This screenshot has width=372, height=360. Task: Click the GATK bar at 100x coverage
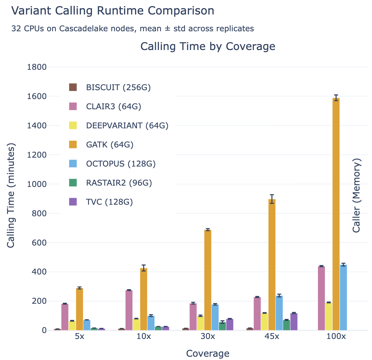point(336,214)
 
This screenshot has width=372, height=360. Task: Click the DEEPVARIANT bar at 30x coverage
point(200,323)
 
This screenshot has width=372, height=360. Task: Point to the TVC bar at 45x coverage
point(294,321)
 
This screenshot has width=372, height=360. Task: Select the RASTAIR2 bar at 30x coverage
point(222,326)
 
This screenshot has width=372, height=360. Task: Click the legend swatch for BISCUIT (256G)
point(73,88)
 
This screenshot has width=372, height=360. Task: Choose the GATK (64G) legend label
point(109,144)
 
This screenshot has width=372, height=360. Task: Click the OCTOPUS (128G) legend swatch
point(73,164)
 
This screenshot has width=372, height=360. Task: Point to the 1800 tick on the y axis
point(37,67)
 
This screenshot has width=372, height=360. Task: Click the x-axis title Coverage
point(208,353)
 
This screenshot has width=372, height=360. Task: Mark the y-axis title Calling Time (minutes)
point(11,195)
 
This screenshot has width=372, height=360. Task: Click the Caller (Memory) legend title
point(357,195)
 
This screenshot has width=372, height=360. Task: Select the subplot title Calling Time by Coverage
point(208,46)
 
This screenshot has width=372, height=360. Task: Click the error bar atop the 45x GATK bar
point(272,199)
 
